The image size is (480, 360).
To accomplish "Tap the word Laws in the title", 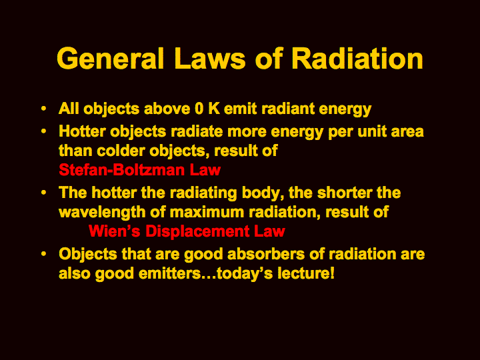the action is (210, 58).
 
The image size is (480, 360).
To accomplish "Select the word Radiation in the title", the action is (357, 58).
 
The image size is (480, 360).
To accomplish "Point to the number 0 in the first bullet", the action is (199, 109).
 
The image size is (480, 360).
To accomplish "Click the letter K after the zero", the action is (214, 109).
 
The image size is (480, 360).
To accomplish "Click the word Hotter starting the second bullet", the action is (82, 131).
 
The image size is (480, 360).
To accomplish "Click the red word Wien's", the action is (115, 231).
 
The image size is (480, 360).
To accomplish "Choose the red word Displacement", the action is (197, 231).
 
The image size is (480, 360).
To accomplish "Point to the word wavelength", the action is (102, 212).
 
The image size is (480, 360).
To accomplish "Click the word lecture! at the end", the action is (306, 273).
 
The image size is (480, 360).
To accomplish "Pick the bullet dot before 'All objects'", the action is (44, 109).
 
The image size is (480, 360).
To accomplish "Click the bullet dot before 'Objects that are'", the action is (44, 254).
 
